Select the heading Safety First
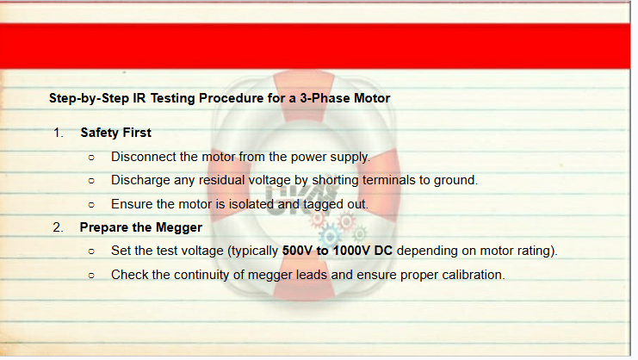click(115, 133)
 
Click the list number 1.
click(59, 133)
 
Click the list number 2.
click(58, 227)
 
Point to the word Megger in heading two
click(179, 227)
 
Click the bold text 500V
click(297, 251)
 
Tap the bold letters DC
click(383, 251)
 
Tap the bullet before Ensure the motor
click(91, 205)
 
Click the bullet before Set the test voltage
click(91, 251)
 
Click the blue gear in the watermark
click(331, 236)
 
